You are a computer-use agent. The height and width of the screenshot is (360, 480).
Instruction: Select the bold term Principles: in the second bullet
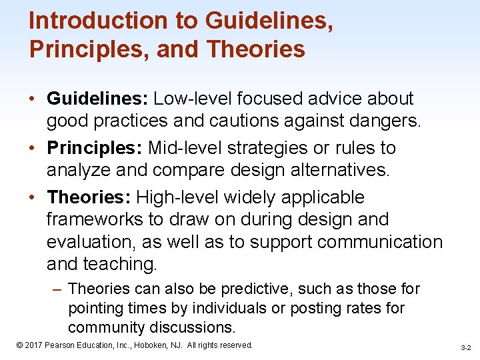click(95, 148)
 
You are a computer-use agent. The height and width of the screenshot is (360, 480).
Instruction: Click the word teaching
click(120, 265)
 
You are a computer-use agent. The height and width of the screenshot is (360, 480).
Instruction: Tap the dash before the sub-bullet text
click(57, 289)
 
